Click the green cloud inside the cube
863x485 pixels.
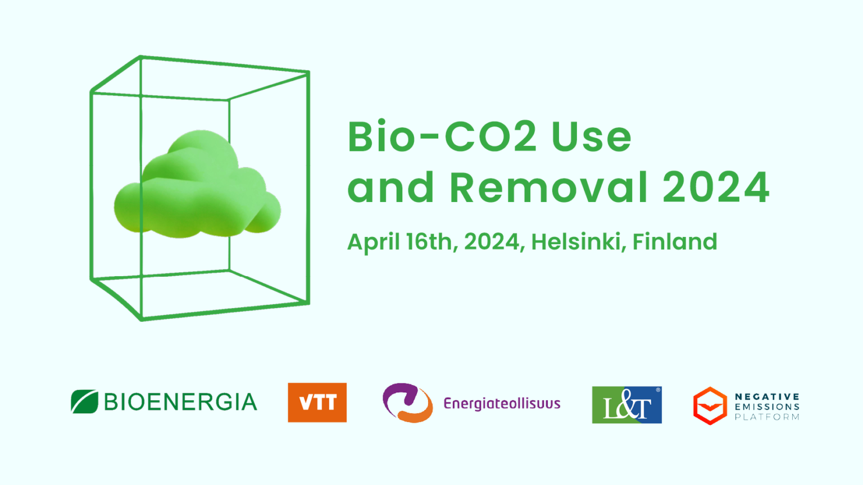pyautogui.click(x=197, y=185)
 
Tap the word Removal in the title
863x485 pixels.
pyautogui.click(x=549, y=187)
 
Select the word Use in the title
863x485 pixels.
pyautogui.click(x=592, y=136)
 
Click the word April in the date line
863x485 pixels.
pyautogui.click(x=373, y=242)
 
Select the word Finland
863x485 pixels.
pyautogui.click(x=675, y=241)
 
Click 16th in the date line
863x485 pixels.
pyautogui.click(x=432, y=242)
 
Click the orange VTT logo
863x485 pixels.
pyautogui.click(x=317, y=402)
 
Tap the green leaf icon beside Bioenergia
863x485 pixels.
pyautogui.click(x=84, y=401)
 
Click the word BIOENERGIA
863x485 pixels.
pyautogui.click(x=180, y=402)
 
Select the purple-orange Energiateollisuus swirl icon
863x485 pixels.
pyautogui.click(x=407, y=402)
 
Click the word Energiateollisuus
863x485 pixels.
pyautogui.click(x=502, y=404)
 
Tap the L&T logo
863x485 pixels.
pyautogui.click(x=627, y=405)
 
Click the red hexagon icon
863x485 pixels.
pyautogui.click(x=710, y=406)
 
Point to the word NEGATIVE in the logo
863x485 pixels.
pyautogui.click(x=767, y=396)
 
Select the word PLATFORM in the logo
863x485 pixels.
pyautogui.click(x=767, y=417)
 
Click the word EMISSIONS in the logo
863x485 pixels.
pyautogui.click(x=767, y=406)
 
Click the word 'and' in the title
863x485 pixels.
pyautogui.click(x=391, y=187)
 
